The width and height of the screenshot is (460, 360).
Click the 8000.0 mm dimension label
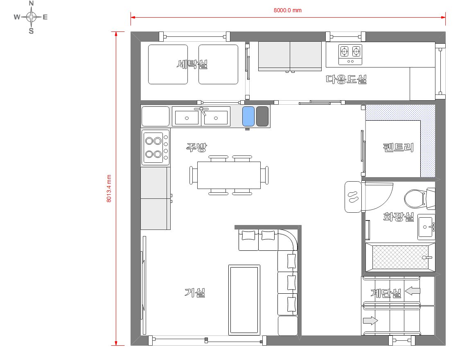(x=287, y=10)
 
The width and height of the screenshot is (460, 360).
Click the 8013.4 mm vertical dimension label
(x=109, y=189)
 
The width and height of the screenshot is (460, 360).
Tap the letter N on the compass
(x=32, y=3)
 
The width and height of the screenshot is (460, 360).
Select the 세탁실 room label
(x=192, y=64)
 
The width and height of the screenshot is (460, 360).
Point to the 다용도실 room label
(x=346, y=79)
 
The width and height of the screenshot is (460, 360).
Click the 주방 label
(x=196, y=147)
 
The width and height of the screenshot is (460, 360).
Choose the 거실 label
(x=195, y=292)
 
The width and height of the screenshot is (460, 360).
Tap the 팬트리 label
(x=398, y=147)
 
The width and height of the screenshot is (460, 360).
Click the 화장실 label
(x=398, y=217)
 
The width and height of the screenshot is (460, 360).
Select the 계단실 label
(x=386, y=293)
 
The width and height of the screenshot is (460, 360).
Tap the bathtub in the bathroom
(x=400, y=257)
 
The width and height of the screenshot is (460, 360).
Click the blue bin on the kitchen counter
(x=248, y=116)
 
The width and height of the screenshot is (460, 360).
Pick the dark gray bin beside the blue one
(x=262, y=116)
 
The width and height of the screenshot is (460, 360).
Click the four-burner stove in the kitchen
(x=156, y=148)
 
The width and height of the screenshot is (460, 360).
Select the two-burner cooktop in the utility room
(x=350, y=54)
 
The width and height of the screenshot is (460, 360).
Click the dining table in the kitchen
(x=229, y=175)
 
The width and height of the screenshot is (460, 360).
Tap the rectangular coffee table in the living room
(x=244, y=300)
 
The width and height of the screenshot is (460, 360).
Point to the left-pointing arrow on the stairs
(x=413, y=291)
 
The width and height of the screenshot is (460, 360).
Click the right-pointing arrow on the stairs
(x=370, y=320)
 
